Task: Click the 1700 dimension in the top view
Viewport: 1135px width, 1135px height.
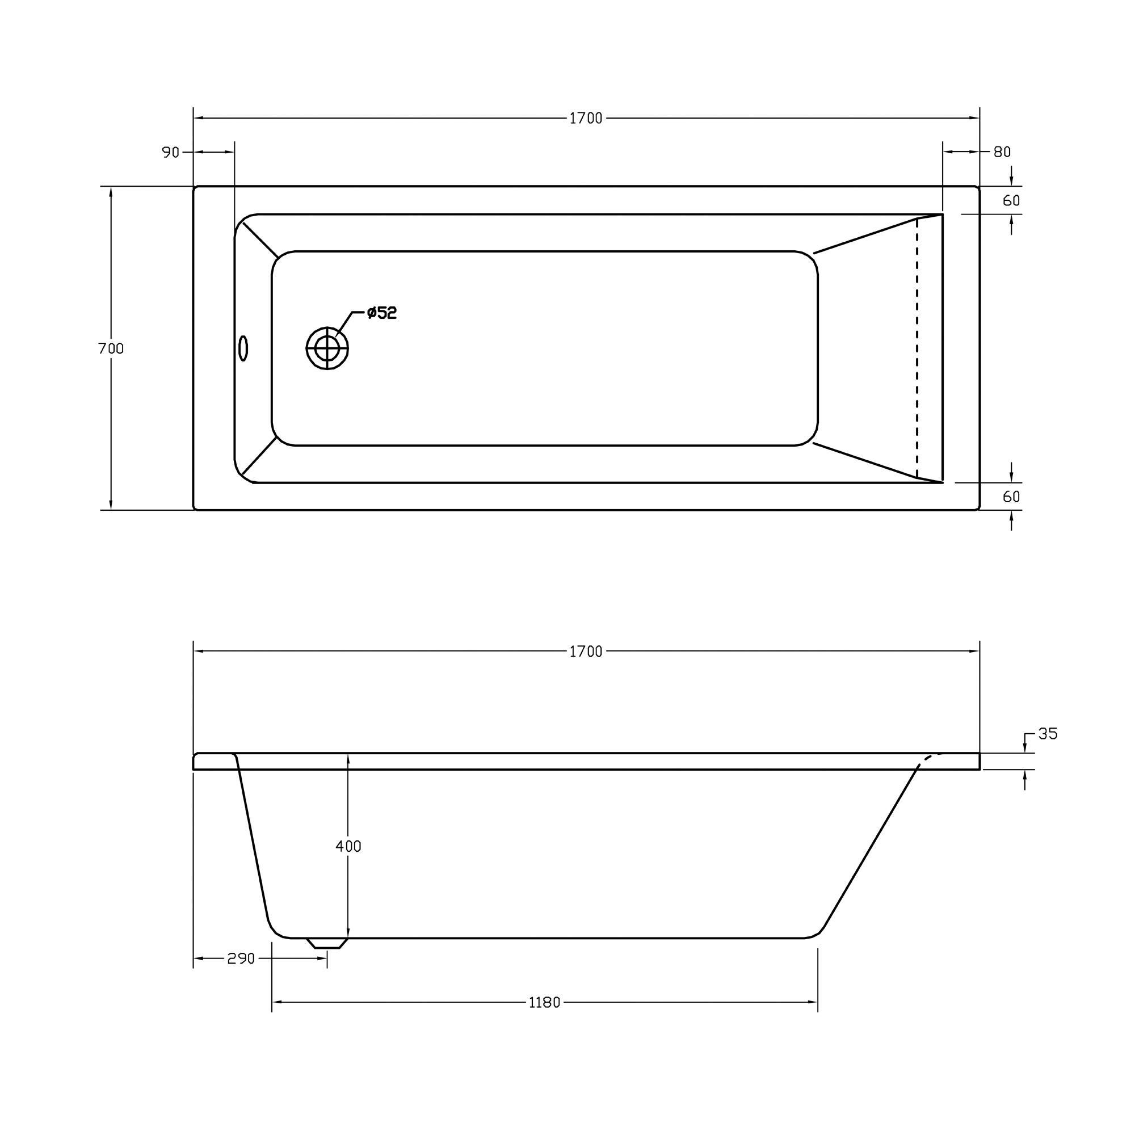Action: click(586, 119)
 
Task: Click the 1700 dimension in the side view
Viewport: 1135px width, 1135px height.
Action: click(586, 651)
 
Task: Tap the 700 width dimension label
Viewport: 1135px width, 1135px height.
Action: click(111, 348)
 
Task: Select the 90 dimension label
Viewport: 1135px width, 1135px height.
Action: click(170, 152)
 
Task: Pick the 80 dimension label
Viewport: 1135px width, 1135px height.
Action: click(1002, 152)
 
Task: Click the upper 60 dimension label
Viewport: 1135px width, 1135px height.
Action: click(1011, 201)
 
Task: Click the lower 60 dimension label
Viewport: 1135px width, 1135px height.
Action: click(1011, 497)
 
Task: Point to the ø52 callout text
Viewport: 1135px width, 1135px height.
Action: click(382, 313)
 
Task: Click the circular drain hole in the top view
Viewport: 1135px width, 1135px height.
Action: click(327, 348)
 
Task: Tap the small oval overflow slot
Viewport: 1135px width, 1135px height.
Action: click(243, 348)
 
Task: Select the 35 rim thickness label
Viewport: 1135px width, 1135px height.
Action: click(1048, 734)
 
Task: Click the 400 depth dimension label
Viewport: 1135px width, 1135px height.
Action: click(348, 846)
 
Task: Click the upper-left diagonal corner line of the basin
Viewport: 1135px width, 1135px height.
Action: click(260, 238)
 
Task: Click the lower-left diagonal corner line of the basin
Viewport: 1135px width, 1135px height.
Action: click(259, 455)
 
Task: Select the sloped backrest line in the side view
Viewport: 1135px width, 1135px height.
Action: click(869, 846)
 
